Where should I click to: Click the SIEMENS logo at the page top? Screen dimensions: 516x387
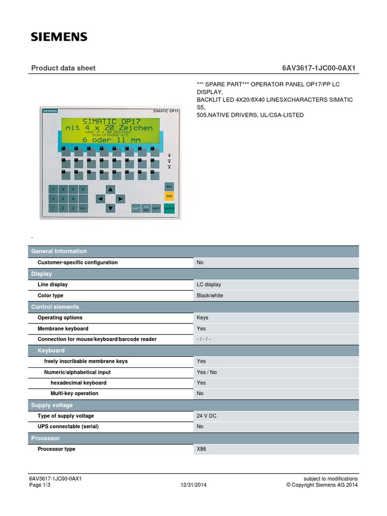tap(59, 37)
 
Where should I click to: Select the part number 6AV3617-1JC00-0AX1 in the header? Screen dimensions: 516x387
tap(320, 68)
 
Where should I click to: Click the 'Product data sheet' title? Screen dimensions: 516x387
tap(63, 68)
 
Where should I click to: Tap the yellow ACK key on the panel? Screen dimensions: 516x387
tap(169, 196)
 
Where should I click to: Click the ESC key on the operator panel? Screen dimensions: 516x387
tap(169, 187)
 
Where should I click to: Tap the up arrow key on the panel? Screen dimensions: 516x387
tap(110, 189)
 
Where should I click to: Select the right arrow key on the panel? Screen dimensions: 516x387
tap(120, 199)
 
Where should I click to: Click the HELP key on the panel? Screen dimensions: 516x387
tap(156, 208)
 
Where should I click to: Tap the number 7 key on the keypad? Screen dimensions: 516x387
tap(53, 189)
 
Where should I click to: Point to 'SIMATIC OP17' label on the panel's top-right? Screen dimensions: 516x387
tap(166, 110)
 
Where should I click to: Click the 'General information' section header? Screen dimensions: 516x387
tap(59, 251)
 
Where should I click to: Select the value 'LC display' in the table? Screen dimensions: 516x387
tap(209, 285)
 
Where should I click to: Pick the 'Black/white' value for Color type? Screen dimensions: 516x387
tap(210, 296)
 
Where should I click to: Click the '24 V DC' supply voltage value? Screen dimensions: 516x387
tap(207, 416)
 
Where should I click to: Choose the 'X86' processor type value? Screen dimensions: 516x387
tap(201, 449)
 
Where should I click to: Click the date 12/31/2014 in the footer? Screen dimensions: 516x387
tap(193, 485)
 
